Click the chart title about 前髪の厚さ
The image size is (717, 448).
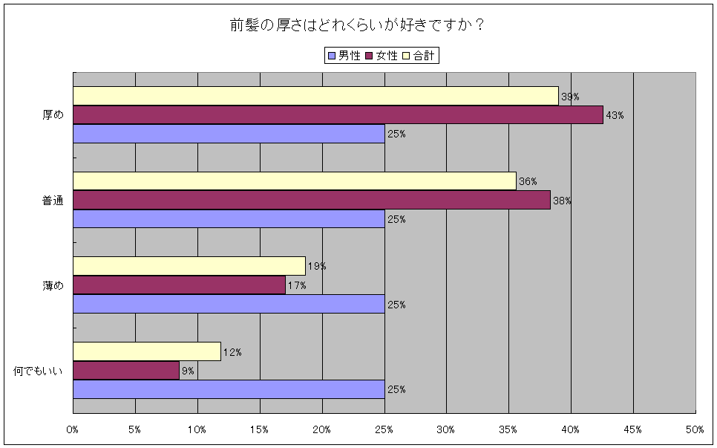[358, 25]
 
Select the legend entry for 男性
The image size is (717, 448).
[344, 56]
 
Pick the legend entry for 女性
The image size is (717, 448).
[382, 56]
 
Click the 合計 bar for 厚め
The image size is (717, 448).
[315, 96]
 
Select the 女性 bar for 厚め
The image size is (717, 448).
[338, 115]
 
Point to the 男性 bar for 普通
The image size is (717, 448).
[229, 219]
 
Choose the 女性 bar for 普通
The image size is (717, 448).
[312, 200]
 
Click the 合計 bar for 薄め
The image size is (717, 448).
[189, 266]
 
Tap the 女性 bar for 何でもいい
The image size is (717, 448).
[126, 371]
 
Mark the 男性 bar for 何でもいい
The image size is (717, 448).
[229, 389]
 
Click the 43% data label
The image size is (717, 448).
[615, 116]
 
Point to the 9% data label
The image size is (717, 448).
[187, 371]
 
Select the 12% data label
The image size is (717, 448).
[232, 352]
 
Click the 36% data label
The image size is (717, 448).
[528, 182]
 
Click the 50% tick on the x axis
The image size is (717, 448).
[695, 429]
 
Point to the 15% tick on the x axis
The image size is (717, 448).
[260, 429]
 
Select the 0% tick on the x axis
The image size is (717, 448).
[73, 429]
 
